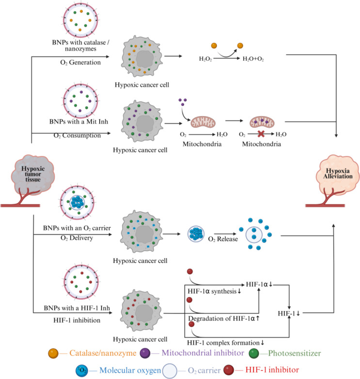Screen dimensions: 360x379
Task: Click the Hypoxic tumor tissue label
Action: [x=33, y=174]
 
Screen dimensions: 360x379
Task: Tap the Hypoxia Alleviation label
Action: [x=338, y=174]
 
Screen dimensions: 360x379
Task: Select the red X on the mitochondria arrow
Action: [x=261, y=134]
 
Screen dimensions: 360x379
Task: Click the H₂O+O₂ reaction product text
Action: [x=253, y=59]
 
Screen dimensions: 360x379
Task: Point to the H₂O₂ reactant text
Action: [x=205, y=59]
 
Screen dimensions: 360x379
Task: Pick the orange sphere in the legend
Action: [x=53, y=353]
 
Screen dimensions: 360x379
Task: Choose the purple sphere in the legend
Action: [x=145, y=353]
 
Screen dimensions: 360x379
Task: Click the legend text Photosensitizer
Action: [x=295, y=353]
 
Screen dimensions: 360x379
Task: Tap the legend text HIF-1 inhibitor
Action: [x=272, y=370]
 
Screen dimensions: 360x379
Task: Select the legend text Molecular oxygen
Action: [x=130, y=370]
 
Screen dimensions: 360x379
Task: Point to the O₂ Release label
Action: [x=223, y=239]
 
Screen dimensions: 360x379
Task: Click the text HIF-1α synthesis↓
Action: [x=215, y=291]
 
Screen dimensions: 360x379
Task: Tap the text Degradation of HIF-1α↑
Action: [x=224, y=318]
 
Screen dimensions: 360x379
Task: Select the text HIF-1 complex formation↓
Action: [x=226, y=343]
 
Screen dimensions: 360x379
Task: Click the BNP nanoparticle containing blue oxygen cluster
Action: [x=77, y=202]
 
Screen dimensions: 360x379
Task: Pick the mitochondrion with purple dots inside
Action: [x=262, y=121]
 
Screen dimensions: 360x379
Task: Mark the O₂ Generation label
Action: [x=80, y=62]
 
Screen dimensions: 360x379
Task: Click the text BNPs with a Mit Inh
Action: [x=78, y=121]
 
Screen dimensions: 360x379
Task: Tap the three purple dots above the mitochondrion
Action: [x=182, y=102]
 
